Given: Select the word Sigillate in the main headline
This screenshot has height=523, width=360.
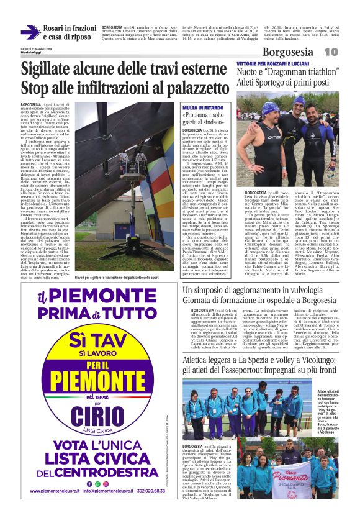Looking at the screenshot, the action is point(53,70).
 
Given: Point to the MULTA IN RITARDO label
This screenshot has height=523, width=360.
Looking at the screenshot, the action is point(199,108).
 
